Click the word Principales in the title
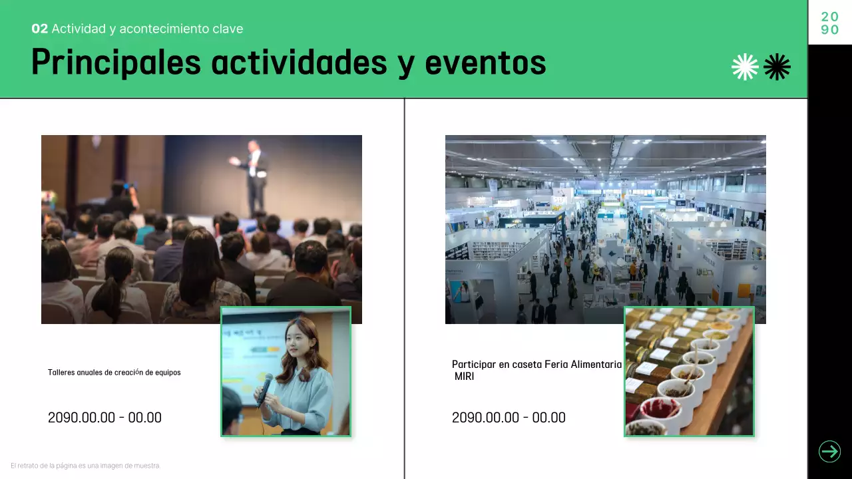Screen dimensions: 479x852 point(116,63)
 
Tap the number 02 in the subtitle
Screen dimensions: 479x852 point(39,29)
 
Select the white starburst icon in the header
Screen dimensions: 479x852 point(745,67)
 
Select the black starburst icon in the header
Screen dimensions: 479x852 point(777,67)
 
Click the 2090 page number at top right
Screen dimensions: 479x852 point(829,23)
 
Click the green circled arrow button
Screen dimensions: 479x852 point(829,452)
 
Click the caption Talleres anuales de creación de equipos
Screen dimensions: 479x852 point(114,373)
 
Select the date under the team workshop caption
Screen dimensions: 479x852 point(105,418)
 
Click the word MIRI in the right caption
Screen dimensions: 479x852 point(465,377)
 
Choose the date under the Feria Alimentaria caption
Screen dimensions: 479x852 point(509,418)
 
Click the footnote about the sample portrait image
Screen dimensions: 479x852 point(85,466)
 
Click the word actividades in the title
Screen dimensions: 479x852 point(299,63)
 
